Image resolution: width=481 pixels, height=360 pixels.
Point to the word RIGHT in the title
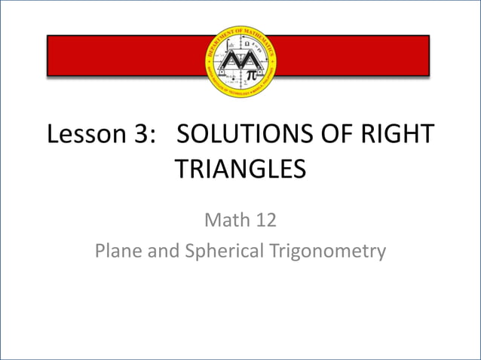401,135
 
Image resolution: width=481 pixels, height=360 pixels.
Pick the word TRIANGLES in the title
240,168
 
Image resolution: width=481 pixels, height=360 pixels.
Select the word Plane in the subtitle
119,250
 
